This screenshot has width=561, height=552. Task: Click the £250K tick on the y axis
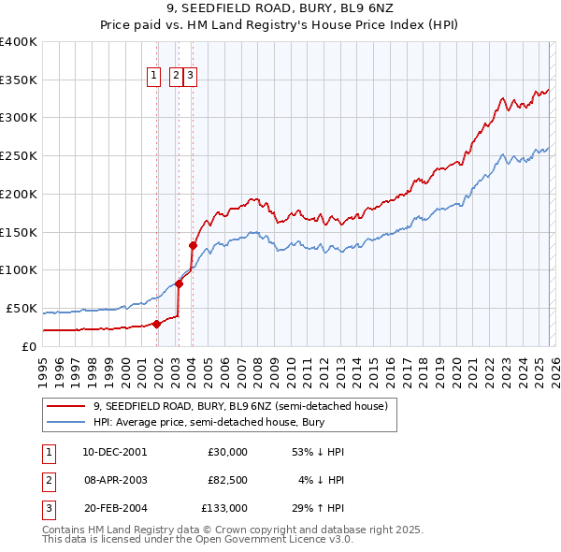coord(19,155)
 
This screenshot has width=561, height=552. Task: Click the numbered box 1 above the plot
coord(153,77)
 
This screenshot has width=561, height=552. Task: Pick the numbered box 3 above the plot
coord(190,77)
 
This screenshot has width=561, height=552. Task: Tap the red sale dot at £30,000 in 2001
coord(156,324)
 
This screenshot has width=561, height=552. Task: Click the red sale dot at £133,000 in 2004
coord(193,245)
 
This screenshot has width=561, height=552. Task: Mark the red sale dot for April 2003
coord(179,283)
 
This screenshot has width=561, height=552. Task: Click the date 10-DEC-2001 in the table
coord(114,452)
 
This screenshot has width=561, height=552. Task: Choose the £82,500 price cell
coord(227,480)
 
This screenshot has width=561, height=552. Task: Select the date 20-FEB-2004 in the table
coord(114,508)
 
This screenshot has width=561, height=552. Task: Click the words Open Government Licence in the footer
coord(259,540)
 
